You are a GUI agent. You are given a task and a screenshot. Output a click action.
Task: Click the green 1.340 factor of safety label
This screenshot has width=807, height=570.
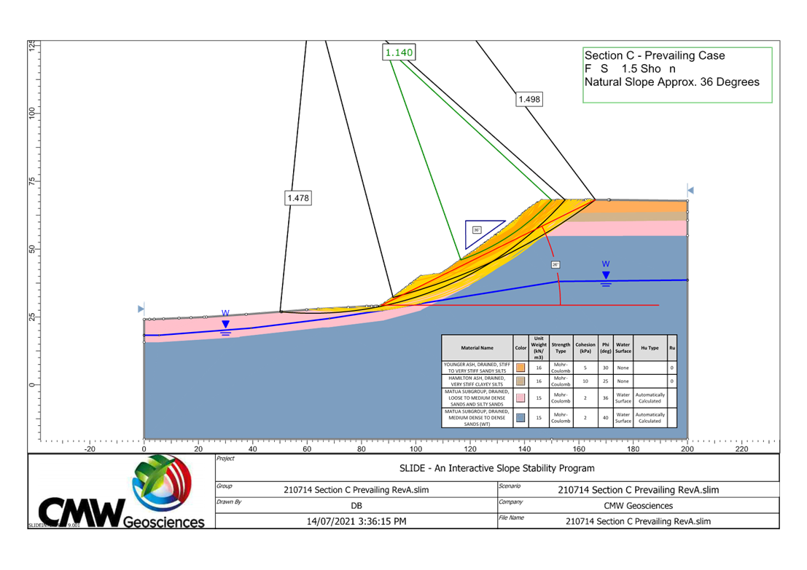399,52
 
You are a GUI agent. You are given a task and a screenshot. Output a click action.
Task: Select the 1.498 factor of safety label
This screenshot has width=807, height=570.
529,99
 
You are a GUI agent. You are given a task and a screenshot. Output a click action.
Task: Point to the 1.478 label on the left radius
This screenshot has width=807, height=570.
297,197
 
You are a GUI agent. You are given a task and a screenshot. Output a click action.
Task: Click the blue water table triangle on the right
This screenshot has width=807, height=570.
606,275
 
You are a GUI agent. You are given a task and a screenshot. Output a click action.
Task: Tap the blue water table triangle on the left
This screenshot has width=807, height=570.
226,324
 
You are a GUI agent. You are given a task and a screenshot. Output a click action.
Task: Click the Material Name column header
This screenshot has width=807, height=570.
477,348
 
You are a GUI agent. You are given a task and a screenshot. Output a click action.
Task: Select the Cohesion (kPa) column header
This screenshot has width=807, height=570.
585,348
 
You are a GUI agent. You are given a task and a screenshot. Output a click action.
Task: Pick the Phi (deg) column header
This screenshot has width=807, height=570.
605,348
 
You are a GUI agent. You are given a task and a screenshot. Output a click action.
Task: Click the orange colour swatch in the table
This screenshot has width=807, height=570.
521,368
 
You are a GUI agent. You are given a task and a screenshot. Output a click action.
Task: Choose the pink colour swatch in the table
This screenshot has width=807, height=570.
521,397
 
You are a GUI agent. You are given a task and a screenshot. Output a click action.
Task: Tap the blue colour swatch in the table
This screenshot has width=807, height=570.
521,417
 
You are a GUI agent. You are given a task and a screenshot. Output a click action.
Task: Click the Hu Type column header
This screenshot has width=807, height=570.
650,348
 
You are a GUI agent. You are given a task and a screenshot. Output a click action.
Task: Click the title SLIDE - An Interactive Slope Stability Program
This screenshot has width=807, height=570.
497,468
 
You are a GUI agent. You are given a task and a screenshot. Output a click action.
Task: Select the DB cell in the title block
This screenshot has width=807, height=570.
356,505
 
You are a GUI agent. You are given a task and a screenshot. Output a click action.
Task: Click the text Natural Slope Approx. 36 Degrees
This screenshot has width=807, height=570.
671,82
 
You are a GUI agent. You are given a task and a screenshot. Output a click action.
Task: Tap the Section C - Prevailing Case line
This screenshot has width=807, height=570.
655,56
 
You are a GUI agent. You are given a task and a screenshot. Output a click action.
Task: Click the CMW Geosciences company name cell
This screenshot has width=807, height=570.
638,505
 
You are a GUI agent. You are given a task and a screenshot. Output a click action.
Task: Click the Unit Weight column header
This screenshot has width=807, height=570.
539,348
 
